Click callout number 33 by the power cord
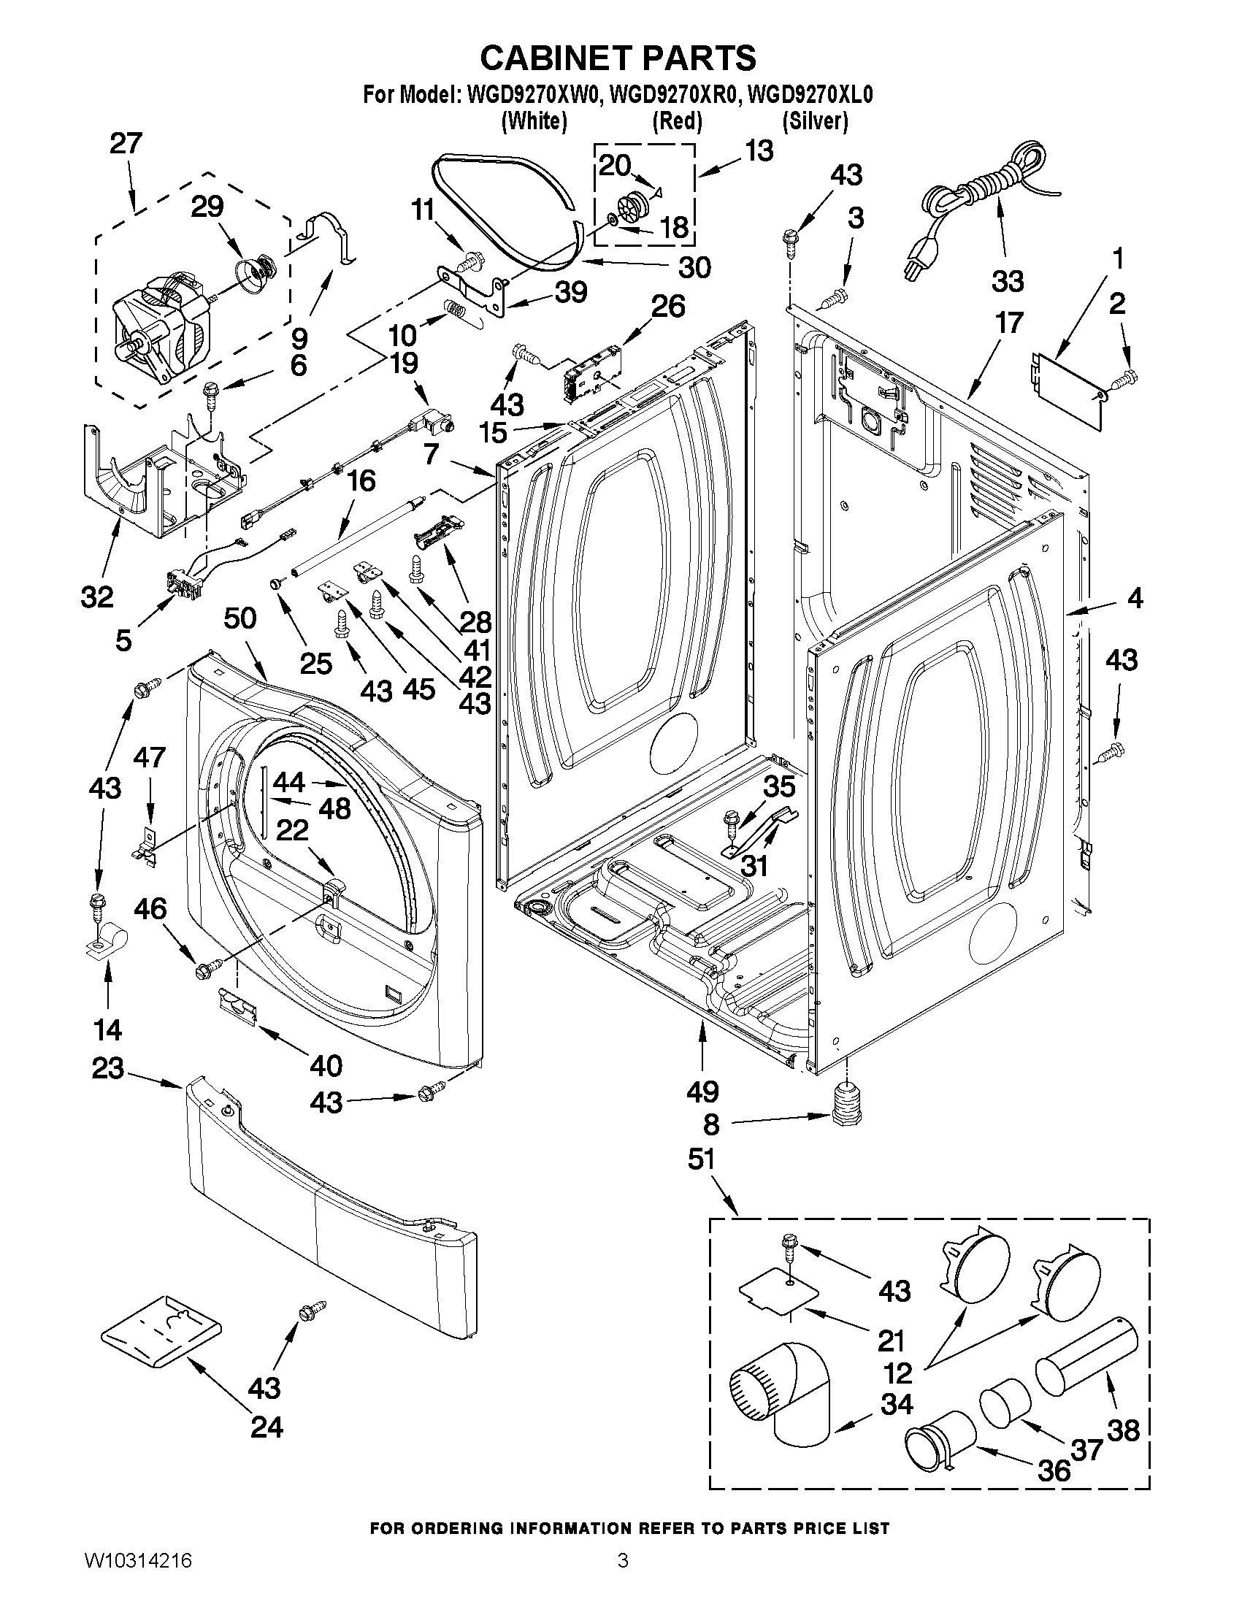tap(1008, 280)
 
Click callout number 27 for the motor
tap(126, 144)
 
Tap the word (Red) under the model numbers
tap(677, 120)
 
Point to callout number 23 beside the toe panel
tap(107, 1067)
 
